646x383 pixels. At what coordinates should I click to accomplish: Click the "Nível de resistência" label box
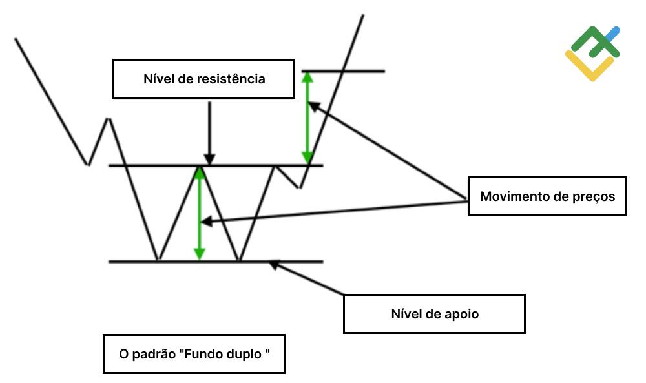pos(204,79)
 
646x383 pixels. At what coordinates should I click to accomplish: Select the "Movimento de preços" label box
pos(547,196)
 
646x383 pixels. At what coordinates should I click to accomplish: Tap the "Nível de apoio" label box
pos(434,314)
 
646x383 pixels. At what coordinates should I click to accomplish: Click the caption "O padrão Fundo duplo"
pos(193,354)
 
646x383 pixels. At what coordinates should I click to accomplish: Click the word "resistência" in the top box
pos(233,79)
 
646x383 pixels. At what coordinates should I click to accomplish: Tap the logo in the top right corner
pos(592,53)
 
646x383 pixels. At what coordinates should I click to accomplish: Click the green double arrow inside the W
pos(200,213)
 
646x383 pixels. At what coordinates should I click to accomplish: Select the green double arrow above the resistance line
pos(307,116)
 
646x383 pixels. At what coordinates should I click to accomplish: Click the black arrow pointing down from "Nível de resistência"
pos(209,132)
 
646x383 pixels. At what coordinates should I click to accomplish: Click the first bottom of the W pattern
pos(158,260)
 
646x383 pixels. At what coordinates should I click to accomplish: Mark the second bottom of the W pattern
pos(239,260)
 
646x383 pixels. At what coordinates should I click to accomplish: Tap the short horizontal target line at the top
pos(343,71)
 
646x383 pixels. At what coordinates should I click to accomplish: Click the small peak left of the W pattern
pos(108,119)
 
